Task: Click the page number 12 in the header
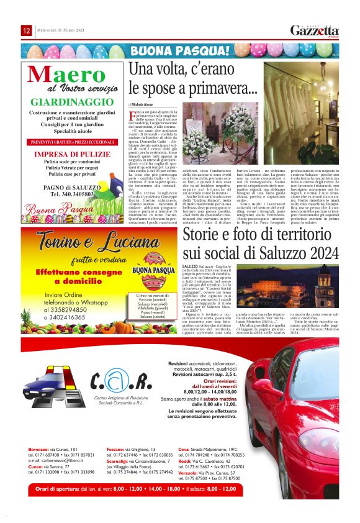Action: coord(27,31)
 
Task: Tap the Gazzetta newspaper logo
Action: coord(315,31)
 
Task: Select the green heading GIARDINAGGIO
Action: coord(67,101)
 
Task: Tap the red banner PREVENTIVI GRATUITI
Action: coord(67,142)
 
